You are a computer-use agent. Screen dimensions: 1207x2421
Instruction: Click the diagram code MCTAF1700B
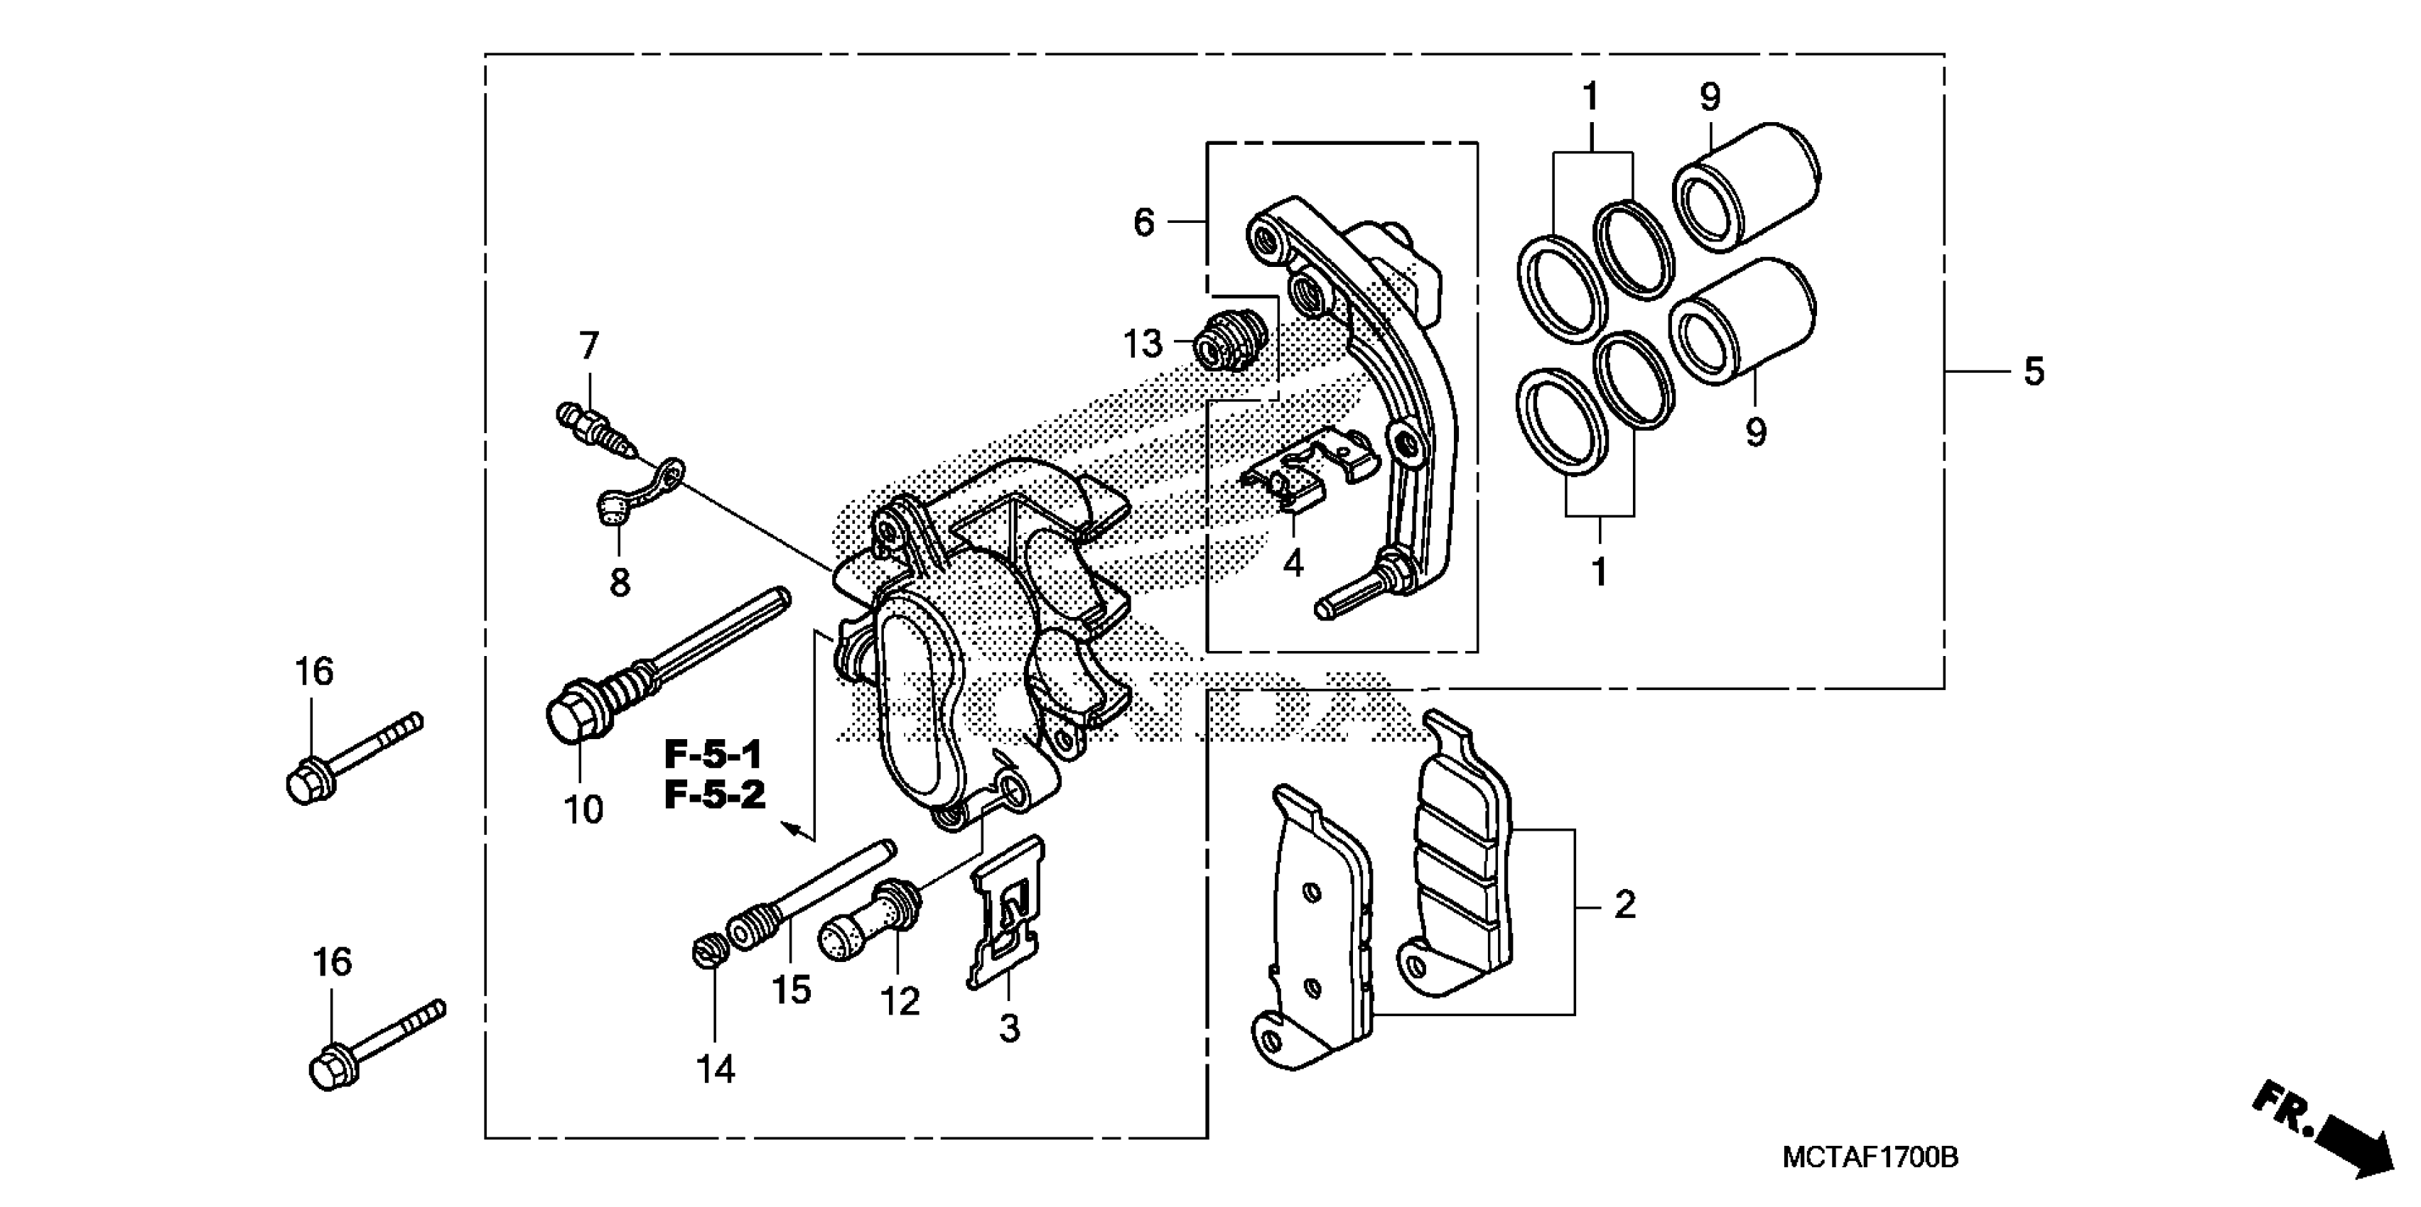[x=1870, y=1157]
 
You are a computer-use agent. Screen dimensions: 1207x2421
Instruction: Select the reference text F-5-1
[x=713, y=754]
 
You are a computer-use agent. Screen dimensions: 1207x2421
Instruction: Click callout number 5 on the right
[x=2034, y=372]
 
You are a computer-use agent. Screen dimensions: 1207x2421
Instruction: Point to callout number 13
[x=1143, y=345]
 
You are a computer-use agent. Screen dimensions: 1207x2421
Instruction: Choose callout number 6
[x=1143, y=223]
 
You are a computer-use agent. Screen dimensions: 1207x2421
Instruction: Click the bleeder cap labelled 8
[x=613, y=508]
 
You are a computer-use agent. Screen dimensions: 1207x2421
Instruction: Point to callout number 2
[x=1625, y=905]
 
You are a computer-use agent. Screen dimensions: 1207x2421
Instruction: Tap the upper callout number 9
[x=1710, y=97]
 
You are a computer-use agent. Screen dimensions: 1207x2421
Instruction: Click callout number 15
[x=792, y=990]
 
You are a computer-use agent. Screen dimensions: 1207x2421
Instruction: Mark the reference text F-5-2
[x=715, y=796]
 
